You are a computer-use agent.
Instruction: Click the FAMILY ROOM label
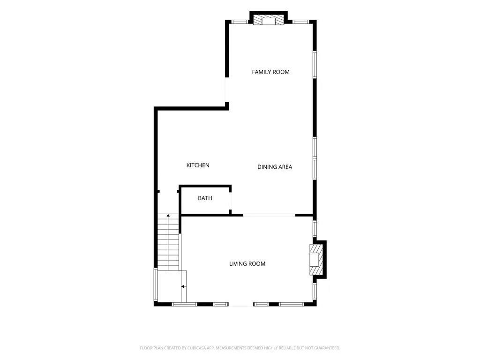(x=270, y=72)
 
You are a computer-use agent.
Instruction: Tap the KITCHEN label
(x=198, y=165)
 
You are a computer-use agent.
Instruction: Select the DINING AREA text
(x=275, y=167)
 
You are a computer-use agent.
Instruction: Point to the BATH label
(x=205, y=198)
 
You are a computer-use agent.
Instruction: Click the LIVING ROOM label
(x=247, y=263)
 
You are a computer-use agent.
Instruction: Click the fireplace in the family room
(x=269, y=21)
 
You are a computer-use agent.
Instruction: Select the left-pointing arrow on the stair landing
(x=183, y=286)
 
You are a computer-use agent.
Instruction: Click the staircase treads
(x=168, y=242)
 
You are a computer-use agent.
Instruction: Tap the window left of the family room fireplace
(x=240, y=22)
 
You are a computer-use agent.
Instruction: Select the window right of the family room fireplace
(x=300, y=22)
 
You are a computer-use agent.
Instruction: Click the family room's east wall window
(x=315, y=65)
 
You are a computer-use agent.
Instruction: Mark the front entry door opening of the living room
(x=241, y=304)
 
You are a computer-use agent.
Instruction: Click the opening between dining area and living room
(x=269, y=215)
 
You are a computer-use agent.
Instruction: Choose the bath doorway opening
(x=230, y=201)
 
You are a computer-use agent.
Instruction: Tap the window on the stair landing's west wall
(x=156, y=285)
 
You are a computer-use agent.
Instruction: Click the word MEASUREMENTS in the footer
(x=231, y=348)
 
